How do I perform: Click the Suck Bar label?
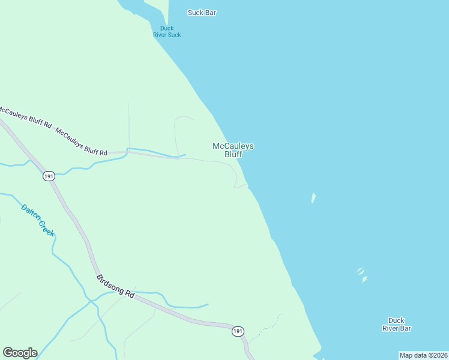coord(202,13)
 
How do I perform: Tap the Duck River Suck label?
coord(166,31)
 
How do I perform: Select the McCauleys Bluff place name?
coord(233,150)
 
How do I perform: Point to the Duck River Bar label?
coord(396,324)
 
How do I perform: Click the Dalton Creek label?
coord(38,220)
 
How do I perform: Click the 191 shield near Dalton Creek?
coord(49,176)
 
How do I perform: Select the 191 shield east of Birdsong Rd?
coord(238,331)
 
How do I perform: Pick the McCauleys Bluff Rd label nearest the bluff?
coord(81,142)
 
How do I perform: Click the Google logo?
coord(20,353)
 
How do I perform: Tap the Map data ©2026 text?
coord(423,355)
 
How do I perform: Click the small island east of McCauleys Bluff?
coord(313,198)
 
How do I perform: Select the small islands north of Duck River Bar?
coord(361,274)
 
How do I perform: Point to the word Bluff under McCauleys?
coord(233,154)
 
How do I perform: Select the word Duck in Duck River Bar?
coord(396,320)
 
